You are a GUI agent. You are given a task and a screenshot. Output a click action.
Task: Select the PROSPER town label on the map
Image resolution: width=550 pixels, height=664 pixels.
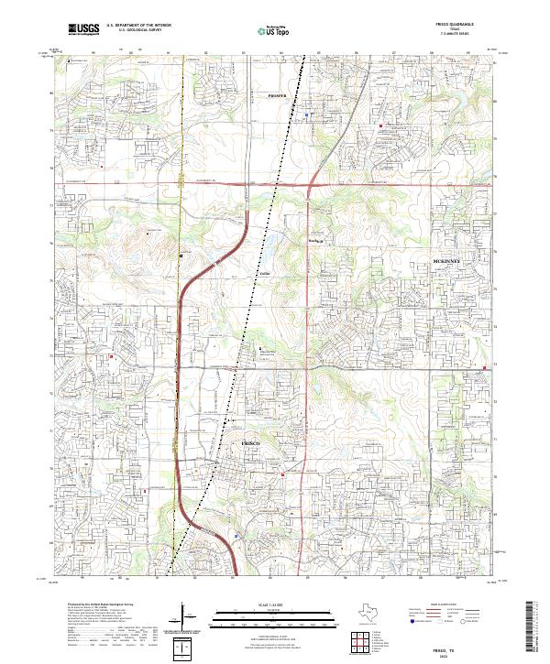[x=277, y=95]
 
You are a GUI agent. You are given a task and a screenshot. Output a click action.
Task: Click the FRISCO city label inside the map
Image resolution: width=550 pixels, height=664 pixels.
[x=250, y=443]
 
